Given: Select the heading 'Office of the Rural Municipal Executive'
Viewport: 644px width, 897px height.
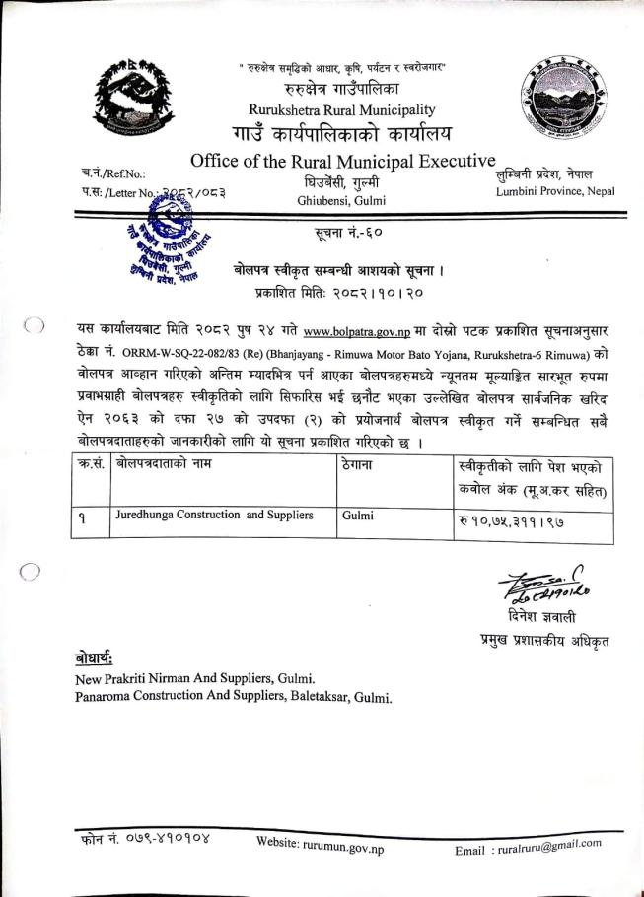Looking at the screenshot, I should pyautogui.click(x=342, y=161).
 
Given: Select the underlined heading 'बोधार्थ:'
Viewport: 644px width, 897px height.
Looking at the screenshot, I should pyautogui.click(x=97, y=657).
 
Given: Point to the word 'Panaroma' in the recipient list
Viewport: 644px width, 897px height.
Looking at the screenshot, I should pyautogui.click(x=107, y=698).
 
